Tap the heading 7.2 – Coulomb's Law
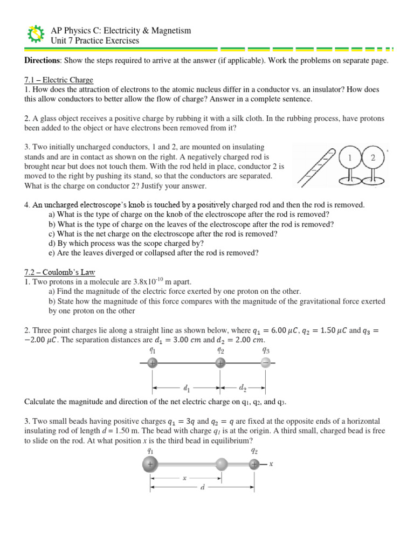[59, 272]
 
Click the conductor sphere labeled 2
[372, 157]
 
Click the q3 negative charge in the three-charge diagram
[265, 363]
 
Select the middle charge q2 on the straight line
[220, 363]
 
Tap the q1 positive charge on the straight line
[153, 363]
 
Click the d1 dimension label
[186, 387]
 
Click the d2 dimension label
[242, 387]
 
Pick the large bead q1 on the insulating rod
[150, 464]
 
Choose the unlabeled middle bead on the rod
[222, 464]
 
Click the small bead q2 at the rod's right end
[254, 464]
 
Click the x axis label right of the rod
[271, 464]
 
